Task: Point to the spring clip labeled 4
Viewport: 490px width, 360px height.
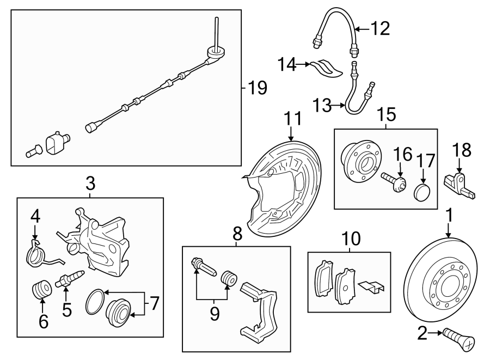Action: pyautogui.click(x=38, y=253)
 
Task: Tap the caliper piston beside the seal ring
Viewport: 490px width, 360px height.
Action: pyautogui.click(x=119, y=313)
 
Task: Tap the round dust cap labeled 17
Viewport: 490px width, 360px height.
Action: pyautogui.click(x=422, y=192)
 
